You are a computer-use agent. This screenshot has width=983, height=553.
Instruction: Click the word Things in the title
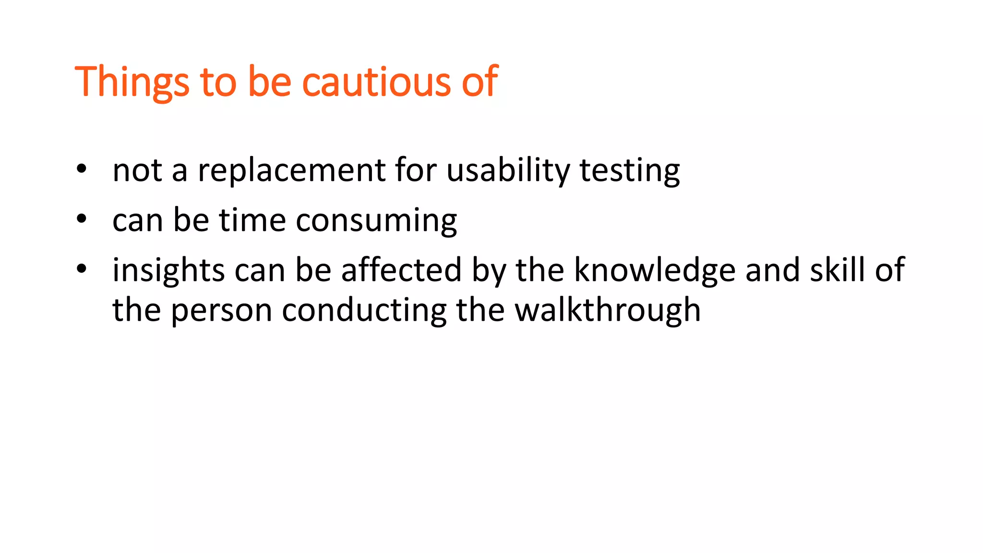point(132,82)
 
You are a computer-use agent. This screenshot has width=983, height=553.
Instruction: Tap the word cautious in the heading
point(376,82)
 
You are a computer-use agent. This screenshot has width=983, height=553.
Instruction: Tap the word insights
point(168,270)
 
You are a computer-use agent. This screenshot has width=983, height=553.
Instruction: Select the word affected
point(401,270)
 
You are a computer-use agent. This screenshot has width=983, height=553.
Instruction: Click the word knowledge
point(655,270)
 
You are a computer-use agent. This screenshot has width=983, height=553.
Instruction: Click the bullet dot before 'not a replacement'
point(82,169)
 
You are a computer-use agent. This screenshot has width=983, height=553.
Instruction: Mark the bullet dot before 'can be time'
point(82,219)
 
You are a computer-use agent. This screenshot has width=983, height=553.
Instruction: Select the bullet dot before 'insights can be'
point(82,269)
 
